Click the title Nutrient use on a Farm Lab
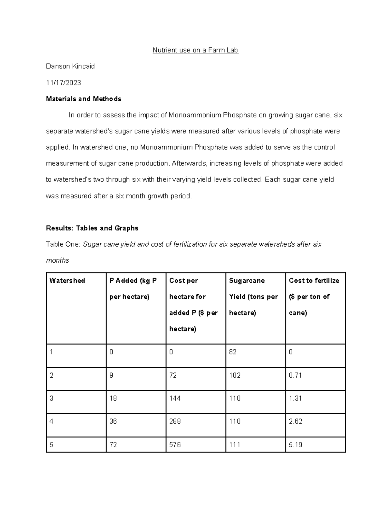[195, 50]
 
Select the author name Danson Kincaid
[70, 66]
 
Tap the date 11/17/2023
[64, 83]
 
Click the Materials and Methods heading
[84, 99]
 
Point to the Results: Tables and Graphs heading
[92, 228]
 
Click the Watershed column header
[67, 281]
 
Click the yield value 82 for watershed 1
[233, 352]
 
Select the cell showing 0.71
[295, 375]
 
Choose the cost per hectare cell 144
[175, 398]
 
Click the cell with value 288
[175, 421]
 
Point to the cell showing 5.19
[295, 445]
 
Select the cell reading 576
[175, 445]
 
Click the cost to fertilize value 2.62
[296, 421]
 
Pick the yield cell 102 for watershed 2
[235, 375]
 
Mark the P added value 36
[113, 421]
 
